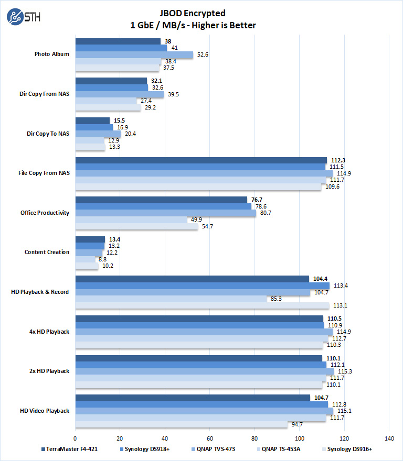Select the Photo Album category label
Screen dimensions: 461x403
(51, 54)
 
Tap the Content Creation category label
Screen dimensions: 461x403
(47, 252)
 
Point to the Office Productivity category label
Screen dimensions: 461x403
(45, 213)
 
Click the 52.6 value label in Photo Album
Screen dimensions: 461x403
(202, 54)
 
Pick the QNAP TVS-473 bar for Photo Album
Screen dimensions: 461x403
(134, 54)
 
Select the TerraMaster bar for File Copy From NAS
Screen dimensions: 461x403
(201, 160)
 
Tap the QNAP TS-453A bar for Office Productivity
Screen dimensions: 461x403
(131, 219)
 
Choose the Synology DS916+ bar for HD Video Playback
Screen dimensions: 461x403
(182, 424)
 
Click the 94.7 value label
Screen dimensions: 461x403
(297, 424)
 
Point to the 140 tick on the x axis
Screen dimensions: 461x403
(389, 437)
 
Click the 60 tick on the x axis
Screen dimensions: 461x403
(210, 437)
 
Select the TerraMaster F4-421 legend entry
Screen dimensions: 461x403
(66, 449)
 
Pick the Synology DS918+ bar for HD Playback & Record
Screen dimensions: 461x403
(202, 286)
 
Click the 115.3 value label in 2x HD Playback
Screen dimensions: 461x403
(345, 371)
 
